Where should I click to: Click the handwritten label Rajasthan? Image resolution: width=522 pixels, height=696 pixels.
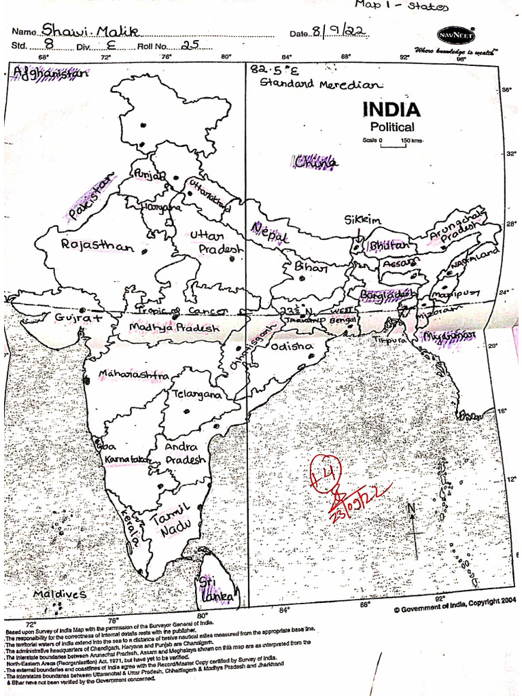click(x=97, y=245)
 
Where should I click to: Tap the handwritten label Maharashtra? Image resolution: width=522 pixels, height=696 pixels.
click(x=133, y=375)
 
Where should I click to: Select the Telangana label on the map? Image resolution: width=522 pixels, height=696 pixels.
click(x=196, y=394)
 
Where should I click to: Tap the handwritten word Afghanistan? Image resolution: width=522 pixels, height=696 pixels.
click(x=50, y=74)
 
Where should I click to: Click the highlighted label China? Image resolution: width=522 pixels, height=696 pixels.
click(x=315, y=162)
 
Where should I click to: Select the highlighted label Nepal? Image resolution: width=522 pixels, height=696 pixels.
click(x=270, y=232)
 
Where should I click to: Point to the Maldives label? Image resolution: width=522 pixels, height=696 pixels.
click(x=60, y=594)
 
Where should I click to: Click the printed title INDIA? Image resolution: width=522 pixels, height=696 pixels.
click(x=391, y=109)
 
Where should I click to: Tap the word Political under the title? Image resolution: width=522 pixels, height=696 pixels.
click(x=392, y=127)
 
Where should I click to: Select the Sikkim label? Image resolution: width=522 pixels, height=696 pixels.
click(x=363, y=220)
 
